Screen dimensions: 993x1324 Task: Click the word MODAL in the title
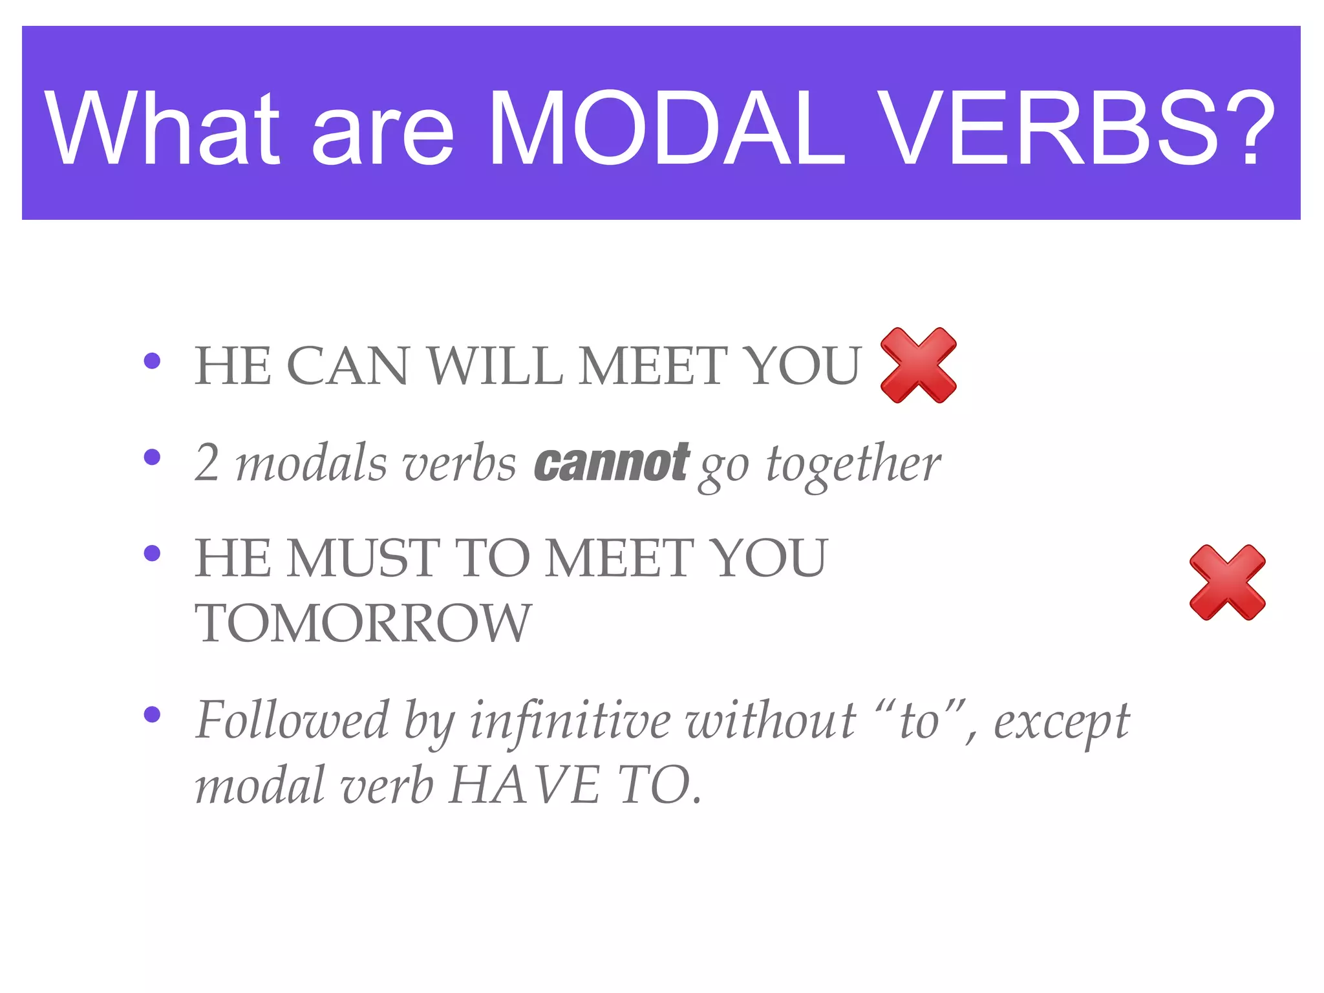pyautogui.click(x=666, y=129)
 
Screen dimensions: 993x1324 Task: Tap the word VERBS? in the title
pyautogui.click(x=1076, y=129)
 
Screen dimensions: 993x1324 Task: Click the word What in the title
pyautogui.click(x=162, y=129)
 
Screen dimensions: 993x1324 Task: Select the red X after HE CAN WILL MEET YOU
pyautogui.click(x=918, y=365)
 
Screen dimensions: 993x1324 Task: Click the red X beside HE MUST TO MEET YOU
pyautogui.click(x=1227, y=582)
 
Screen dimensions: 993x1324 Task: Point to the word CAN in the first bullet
pyautogui.click(x=347, y=366)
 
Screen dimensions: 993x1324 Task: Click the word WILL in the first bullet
pyautogui.click(x=495, y=366)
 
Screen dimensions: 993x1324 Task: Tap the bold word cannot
pyautogui.click(x=612, y=463)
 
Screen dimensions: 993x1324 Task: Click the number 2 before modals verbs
pyautogui.click(x=207, y=463)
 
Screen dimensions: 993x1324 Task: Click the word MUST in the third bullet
pyautogui.click(x=363, y=559)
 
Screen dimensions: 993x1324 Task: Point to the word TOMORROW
pyautogui.click(x=363, y=623)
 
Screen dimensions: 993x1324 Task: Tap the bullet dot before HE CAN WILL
pyautogui.click(x=152, y=361)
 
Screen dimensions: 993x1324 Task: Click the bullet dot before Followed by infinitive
pyautogui.click(x=152, y=714)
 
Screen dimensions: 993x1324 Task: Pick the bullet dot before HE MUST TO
pyautogui.click(x=152, y=553)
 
